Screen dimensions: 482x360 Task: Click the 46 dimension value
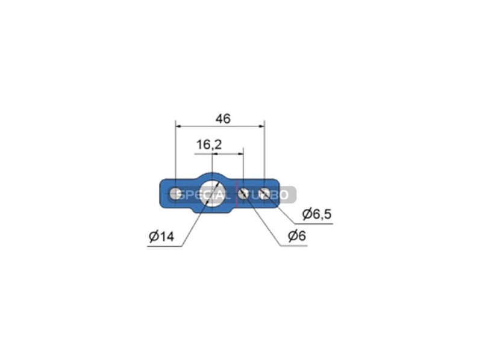pos(223,119)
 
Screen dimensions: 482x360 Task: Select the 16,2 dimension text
pos(208,144)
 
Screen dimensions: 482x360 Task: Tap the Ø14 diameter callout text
pos(161,237)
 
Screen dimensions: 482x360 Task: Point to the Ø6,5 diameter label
pos(317,214)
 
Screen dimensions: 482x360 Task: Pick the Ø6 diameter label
pos(297,236)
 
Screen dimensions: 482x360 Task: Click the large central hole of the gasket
pos(212,194)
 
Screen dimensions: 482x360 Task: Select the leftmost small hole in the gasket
pos(175,193)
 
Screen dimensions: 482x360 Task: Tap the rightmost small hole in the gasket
pos(264,193)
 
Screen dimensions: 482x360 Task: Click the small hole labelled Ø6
pos(243,194)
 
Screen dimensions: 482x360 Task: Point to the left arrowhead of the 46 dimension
pos(178,126)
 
